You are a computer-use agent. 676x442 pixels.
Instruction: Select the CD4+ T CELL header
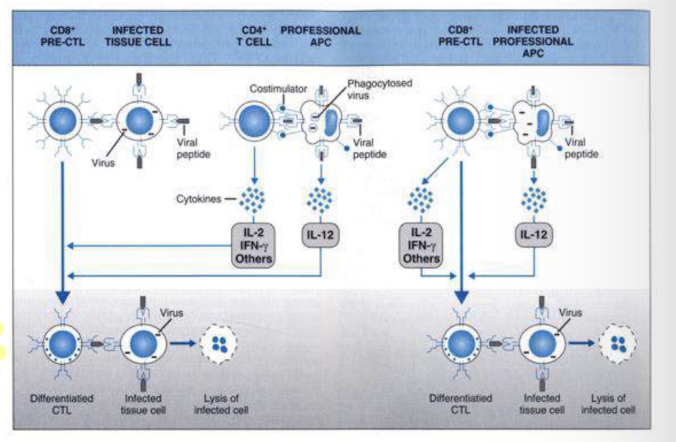click(250, 35)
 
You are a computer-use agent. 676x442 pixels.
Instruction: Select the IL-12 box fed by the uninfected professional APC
click(321, 235)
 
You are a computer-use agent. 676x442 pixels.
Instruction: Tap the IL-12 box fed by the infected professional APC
click(533, 235)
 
